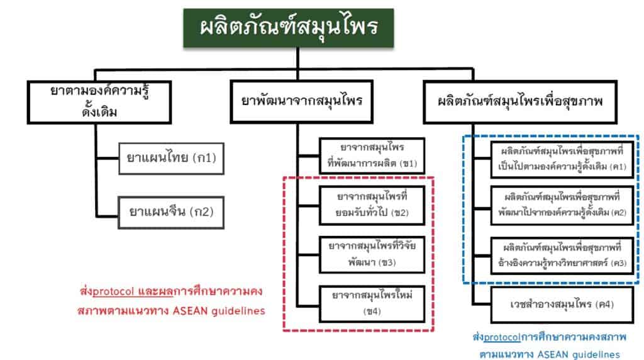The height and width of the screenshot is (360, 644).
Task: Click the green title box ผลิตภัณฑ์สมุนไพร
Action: pos(289,28)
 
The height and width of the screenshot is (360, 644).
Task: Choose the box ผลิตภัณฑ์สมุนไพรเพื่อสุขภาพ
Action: pos(520,101)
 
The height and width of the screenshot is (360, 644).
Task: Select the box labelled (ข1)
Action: pos(370,155)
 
